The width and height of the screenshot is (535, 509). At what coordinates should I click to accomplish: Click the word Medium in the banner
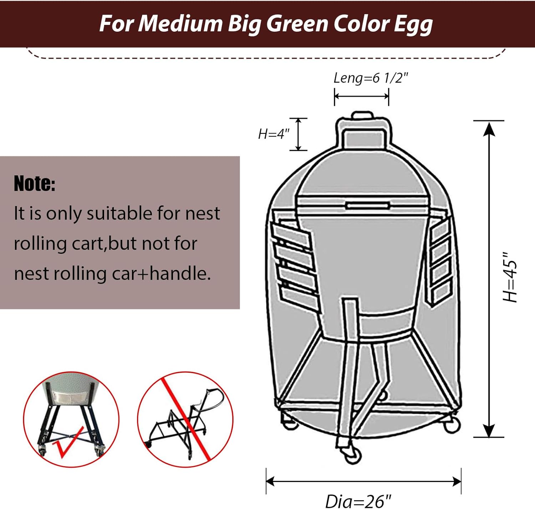point(180,24)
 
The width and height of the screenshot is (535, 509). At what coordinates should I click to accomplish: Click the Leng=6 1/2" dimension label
point(370,78)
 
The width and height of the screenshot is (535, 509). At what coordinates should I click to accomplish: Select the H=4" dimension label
point(274,134)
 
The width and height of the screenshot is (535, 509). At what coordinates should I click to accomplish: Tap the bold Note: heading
point(35,184)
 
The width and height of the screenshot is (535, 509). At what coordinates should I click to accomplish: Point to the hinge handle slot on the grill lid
point(367,206)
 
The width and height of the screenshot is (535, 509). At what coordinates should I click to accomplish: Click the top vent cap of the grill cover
point(362,116)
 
